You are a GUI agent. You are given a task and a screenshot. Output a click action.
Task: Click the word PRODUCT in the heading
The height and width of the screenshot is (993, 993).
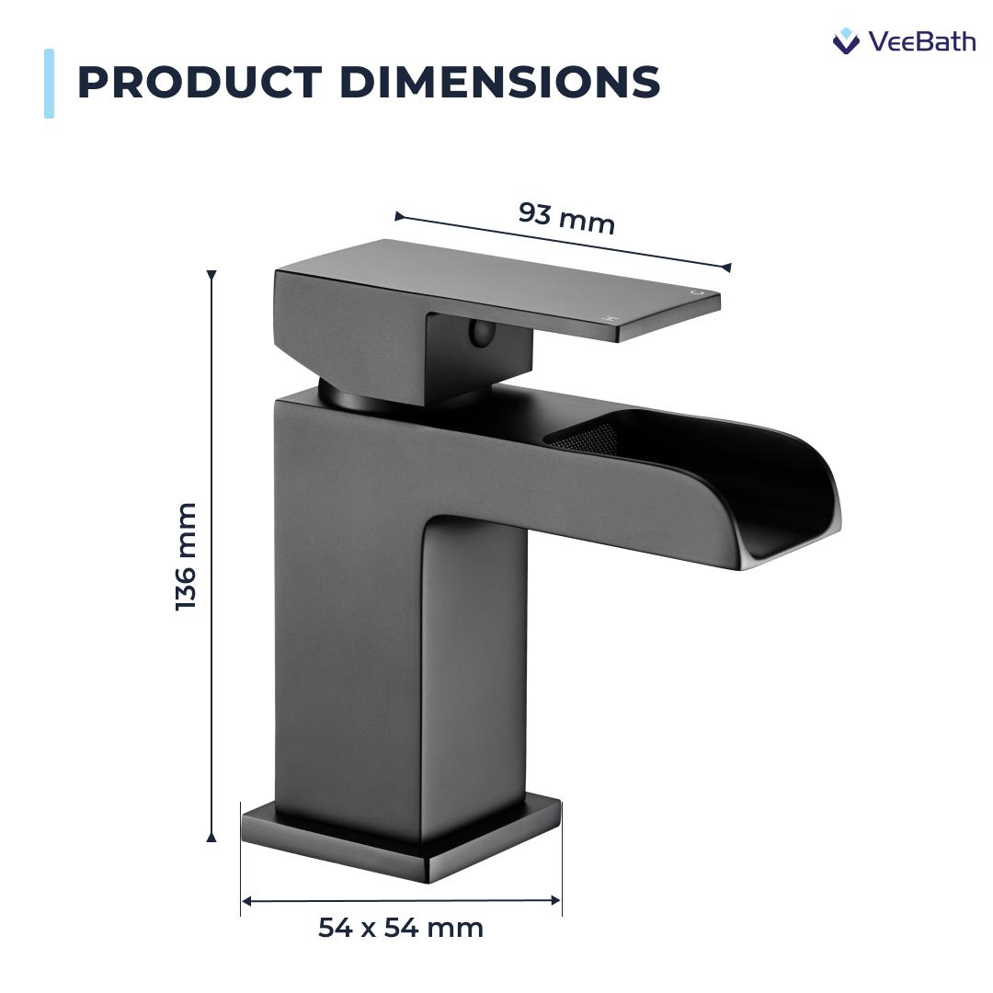click(x=200, y=83)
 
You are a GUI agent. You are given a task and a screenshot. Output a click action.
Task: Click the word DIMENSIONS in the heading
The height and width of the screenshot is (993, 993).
click(x=500, y=83)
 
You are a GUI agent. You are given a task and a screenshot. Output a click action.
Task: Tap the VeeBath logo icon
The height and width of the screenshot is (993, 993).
click(x=845, y=40)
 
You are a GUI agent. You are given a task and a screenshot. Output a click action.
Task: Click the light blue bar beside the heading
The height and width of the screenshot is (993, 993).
click(x=49, y=84)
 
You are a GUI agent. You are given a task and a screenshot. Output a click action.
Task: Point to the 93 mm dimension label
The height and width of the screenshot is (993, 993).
click(x=566, y=218)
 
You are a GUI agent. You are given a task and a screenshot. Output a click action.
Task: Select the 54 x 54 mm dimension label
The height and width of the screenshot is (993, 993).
click(x=401, y=928)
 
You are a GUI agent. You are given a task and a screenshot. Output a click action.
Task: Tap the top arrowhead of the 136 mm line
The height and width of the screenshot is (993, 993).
click(x=211, y=276)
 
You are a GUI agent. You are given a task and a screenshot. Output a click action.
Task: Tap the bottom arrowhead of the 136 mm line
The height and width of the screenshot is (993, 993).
click(x=211, y=836)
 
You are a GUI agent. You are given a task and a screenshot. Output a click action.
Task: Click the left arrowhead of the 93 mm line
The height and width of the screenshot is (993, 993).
click(x=400, y=217)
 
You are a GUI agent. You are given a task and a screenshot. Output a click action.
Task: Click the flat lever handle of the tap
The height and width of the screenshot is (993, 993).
click(x=515, y=285)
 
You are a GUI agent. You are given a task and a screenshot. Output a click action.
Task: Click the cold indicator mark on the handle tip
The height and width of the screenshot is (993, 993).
click(x=698, y=292)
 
